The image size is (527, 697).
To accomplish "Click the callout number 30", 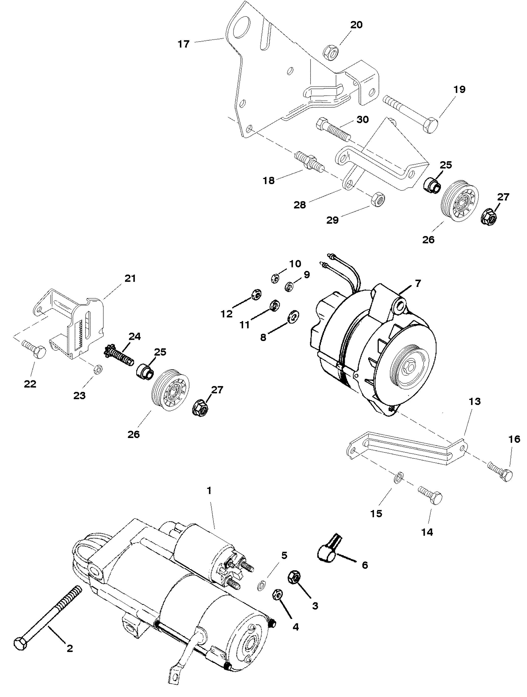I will pyautogui.click(x=362, y=120).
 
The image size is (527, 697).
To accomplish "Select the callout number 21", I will pyautogui.click(x=130, y=279).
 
